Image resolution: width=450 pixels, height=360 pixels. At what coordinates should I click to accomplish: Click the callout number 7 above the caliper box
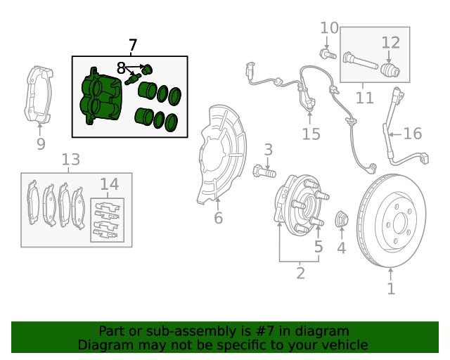coord(132,46)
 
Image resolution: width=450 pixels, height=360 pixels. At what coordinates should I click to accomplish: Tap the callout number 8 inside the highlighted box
coord(121,68)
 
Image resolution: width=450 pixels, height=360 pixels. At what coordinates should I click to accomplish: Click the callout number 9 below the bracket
coord(41,144)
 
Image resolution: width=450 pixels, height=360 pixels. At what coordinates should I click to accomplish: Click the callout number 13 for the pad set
coord(70,160)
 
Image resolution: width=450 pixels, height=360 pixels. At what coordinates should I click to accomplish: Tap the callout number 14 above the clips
coord(109,184)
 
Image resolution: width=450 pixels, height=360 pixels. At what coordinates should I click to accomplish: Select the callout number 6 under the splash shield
coord(218,218)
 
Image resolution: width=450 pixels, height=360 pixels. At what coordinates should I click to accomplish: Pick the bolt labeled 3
coord(264,171)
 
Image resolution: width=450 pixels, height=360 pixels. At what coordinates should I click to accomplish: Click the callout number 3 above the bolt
coord(268,149)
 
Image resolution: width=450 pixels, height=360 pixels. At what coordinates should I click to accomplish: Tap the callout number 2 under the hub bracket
coord(300,273)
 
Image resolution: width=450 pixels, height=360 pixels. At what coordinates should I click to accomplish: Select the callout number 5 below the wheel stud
coord(319,247)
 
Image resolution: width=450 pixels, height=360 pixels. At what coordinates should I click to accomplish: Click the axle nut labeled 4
coord(342,219)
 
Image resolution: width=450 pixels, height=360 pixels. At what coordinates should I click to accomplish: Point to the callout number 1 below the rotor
coord(391,288)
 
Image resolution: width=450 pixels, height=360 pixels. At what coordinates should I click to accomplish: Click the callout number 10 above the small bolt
coord(329,28)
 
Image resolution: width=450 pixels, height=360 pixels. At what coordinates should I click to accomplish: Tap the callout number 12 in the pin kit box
coord(390,43)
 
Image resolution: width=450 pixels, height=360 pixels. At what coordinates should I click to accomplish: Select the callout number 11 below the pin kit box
coord(364,97)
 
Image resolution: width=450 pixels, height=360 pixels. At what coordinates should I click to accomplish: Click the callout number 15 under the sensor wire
coord(311,134)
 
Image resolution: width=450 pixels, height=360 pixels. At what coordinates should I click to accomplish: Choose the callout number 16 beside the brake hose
coord(412,133)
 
